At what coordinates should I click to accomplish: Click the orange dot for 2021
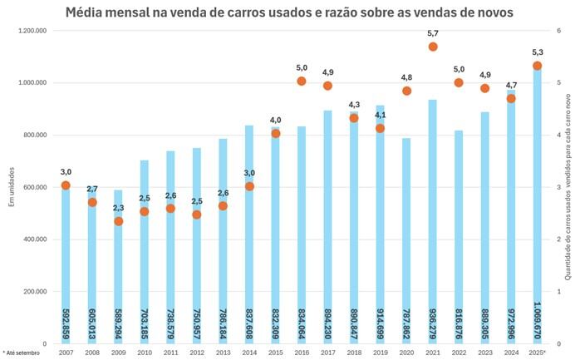[433, 47]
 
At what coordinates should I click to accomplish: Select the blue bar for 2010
[145, 249]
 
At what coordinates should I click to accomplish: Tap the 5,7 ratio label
[433, 33]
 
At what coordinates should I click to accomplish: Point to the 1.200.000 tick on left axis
[31, 31]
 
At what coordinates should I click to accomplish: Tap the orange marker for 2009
[119, 221]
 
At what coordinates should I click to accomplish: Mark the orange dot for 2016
[302, 81]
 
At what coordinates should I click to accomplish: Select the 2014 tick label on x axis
[249, 353]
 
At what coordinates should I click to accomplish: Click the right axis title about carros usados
[569, 186]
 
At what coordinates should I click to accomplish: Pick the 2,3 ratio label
[119, 208]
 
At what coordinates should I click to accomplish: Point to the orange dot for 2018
[354, 118]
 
